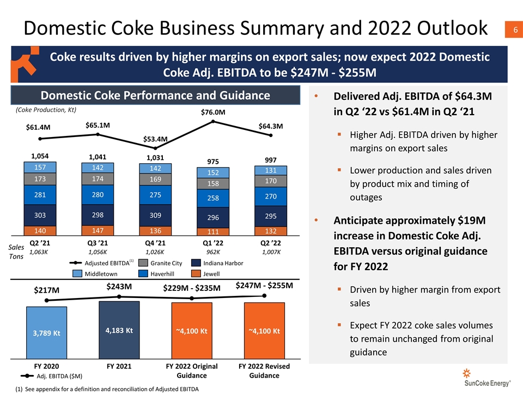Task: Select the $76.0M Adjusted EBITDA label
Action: pos(213,112)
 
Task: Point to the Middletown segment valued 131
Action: pos(271,170)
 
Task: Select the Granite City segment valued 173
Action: pos(40,178)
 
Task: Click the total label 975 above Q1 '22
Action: pos(213,162)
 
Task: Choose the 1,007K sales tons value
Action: pos(271,253)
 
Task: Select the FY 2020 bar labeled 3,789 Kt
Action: pos(47,332)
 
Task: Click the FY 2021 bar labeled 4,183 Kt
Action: pos(119,330)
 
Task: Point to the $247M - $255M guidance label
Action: pos(264,285)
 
